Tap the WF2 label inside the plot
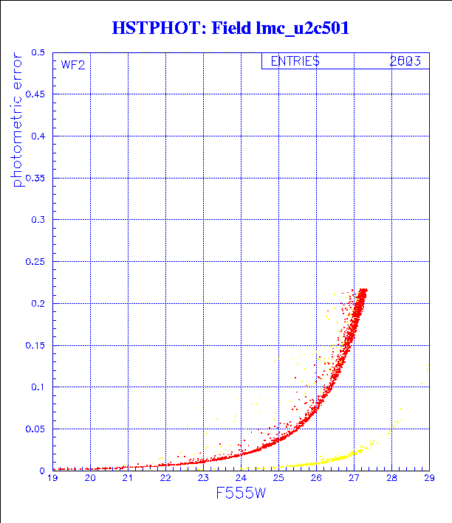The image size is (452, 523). (x=73, y=65)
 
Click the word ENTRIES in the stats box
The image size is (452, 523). (x=295, y=62)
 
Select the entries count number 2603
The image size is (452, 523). (x=405, y=62)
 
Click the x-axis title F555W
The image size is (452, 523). (x=241, y=493)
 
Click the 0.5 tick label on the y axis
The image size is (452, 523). (x=37, y=53)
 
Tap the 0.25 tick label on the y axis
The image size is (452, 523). (x=34, y=261)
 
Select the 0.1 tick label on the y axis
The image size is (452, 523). (x=37, y=387)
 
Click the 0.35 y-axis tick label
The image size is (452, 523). (x=34, y=178)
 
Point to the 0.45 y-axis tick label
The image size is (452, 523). (x=34, y=94)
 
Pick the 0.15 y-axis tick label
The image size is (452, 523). (x=34, y=344)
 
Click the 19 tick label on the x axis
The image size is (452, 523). (x=52, y=478)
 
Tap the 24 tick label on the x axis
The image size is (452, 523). (x=241, y=478)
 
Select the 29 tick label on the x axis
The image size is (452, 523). (x=428, y=478)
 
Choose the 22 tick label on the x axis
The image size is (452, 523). (x=165, y=478)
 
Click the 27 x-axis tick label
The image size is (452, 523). (x=354, y=478)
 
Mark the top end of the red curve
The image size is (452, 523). (x=363, y=291)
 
